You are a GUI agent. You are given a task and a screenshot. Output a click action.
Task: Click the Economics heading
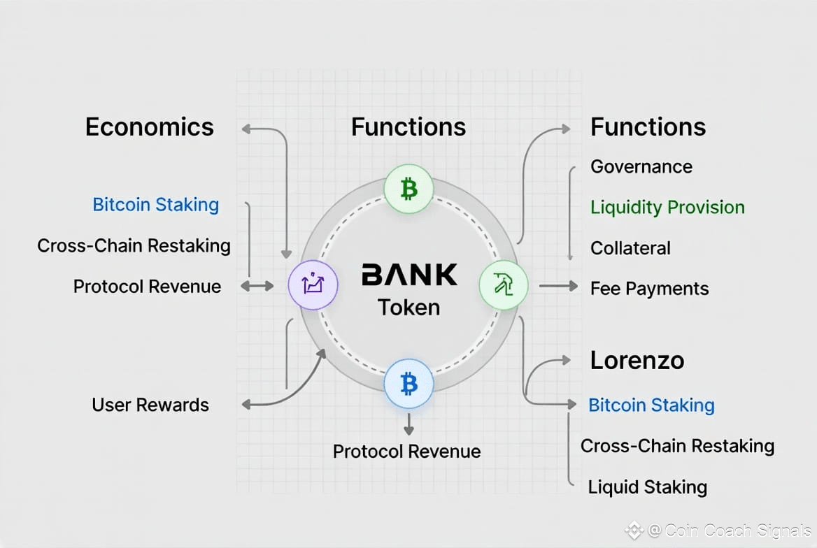coord(149,127)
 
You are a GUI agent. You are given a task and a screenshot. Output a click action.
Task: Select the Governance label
coord(641,167)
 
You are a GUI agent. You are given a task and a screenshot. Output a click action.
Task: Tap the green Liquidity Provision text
coord(667,208)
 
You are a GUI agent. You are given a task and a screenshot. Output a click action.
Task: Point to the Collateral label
coord(630,248)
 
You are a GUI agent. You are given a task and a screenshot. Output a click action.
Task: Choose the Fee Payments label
coord(649,289)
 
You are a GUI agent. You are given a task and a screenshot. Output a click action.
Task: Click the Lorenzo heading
coord(637,361)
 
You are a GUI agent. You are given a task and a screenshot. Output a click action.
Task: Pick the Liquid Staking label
coord(647,487)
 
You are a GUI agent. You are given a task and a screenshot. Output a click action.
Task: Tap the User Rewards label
coord(150,405)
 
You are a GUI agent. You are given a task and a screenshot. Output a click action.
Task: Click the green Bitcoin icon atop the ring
coord(408,189)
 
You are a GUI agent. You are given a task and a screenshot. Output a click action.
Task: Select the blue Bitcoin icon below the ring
coord(408,384)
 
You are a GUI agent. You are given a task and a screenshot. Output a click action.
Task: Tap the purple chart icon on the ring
coord(313,285)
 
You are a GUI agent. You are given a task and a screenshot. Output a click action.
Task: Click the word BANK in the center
coord(409,275)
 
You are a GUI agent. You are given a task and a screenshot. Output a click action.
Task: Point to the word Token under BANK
coord(409,307)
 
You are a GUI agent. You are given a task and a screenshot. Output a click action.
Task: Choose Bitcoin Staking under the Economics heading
coord(155,205)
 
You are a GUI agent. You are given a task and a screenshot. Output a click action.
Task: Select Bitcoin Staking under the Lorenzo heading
coord(651,405)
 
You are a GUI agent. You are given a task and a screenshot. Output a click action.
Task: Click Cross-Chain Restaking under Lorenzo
coord(677,446)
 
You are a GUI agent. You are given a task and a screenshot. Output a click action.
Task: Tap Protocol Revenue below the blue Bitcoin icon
coord(406,452)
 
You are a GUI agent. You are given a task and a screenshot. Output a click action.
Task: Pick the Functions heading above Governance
coord(648,127)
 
